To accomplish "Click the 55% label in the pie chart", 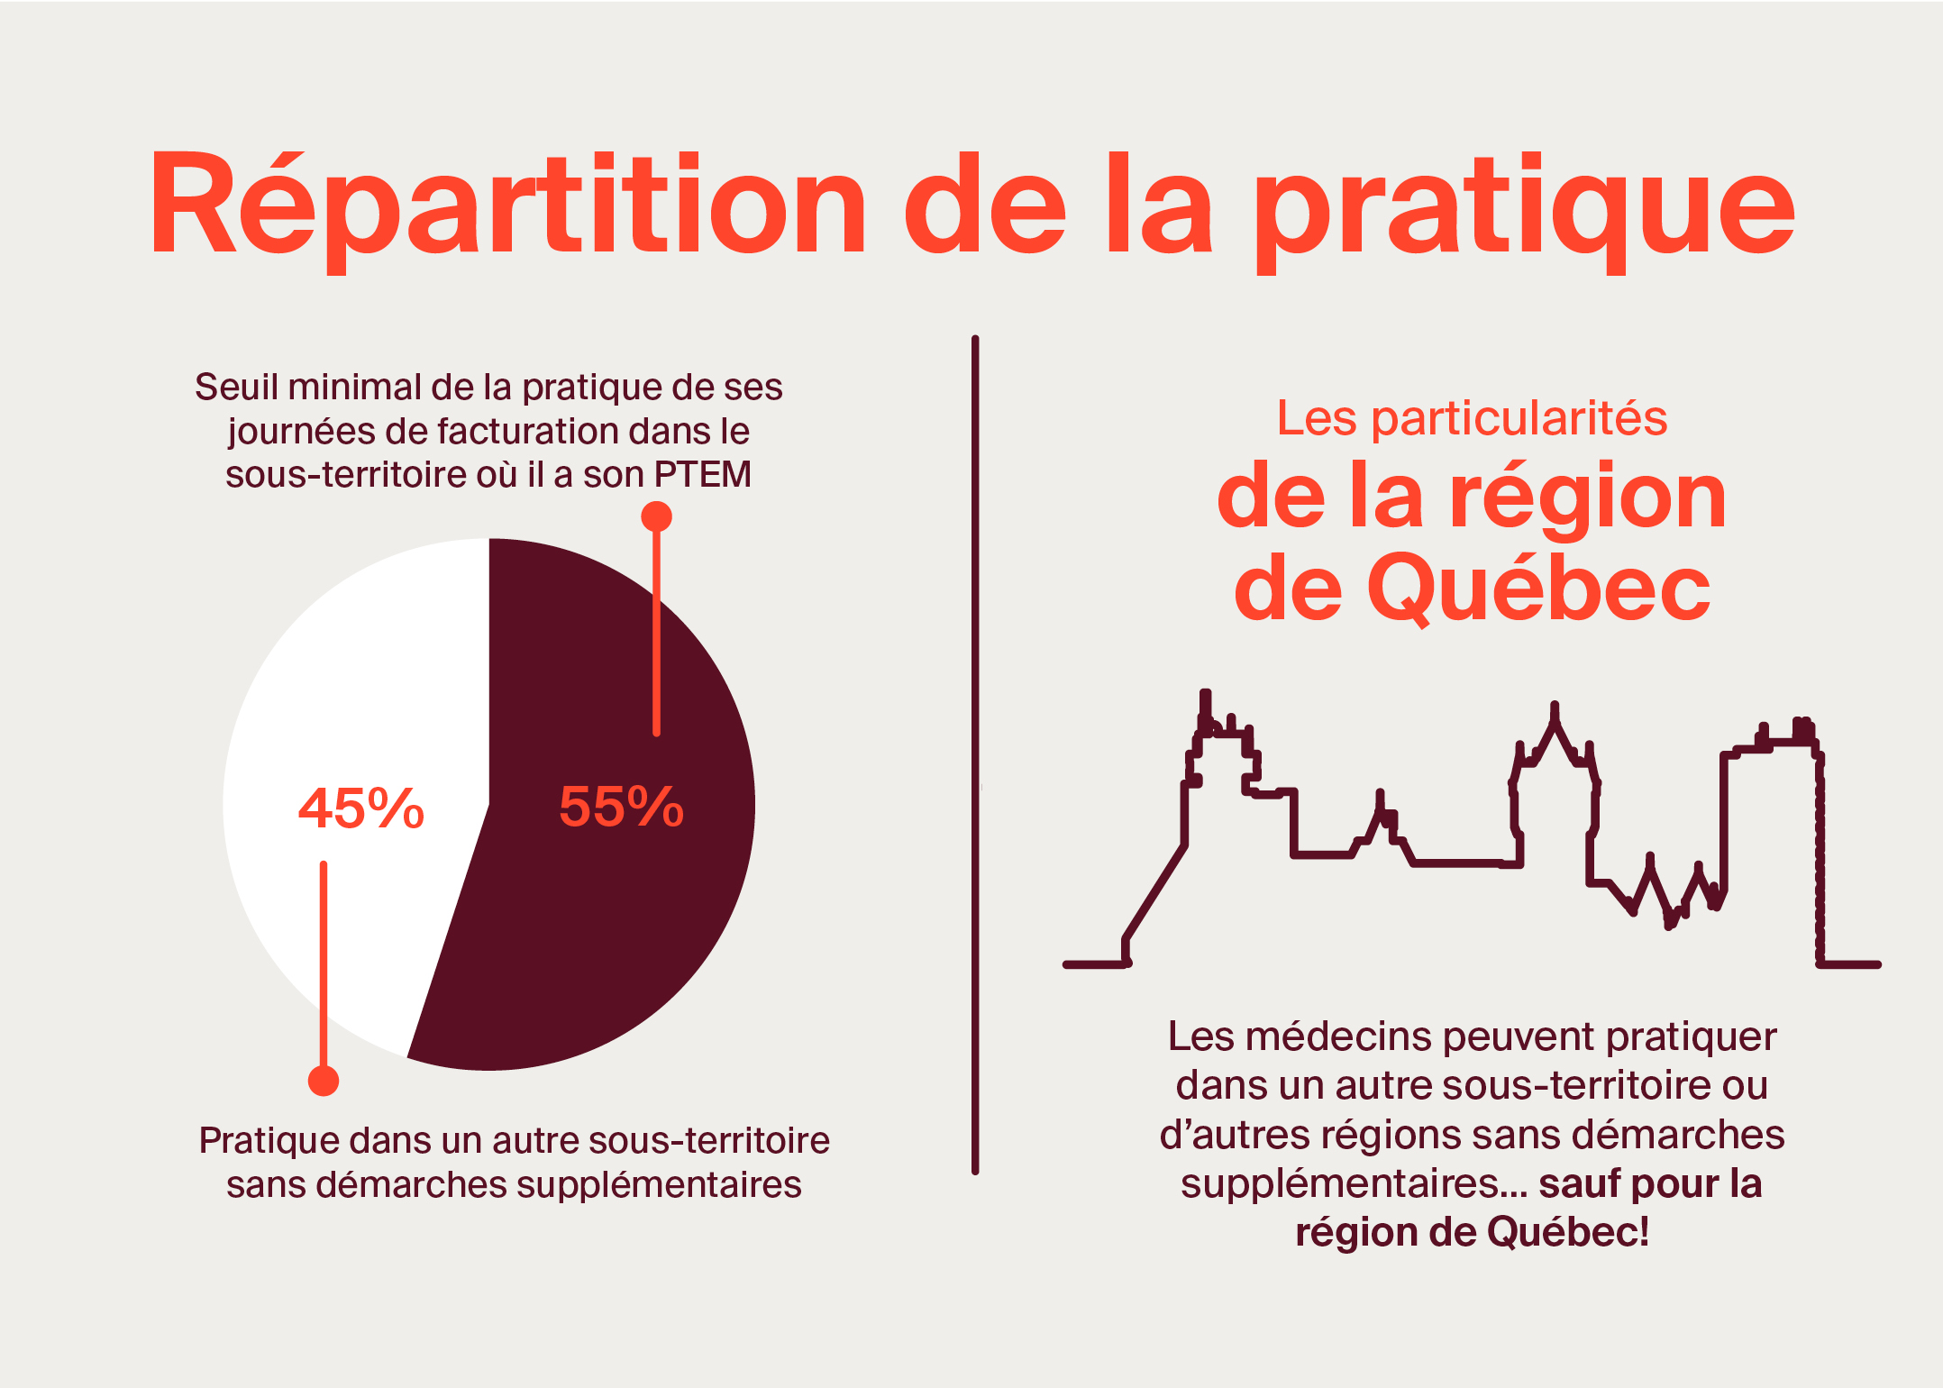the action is click(621, 806).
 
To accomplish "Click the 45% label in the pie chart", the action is click(360, 808).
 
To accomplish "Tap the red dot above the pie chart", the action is click(656, 516).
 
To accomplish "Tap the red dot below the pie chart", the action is click(324, 1081).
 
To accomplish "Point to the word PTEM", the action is click(703, 474).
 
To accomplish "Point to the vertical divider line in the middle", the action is click(975, 755).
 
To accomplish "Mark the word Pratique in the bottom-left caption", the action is click(269, 1141).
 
